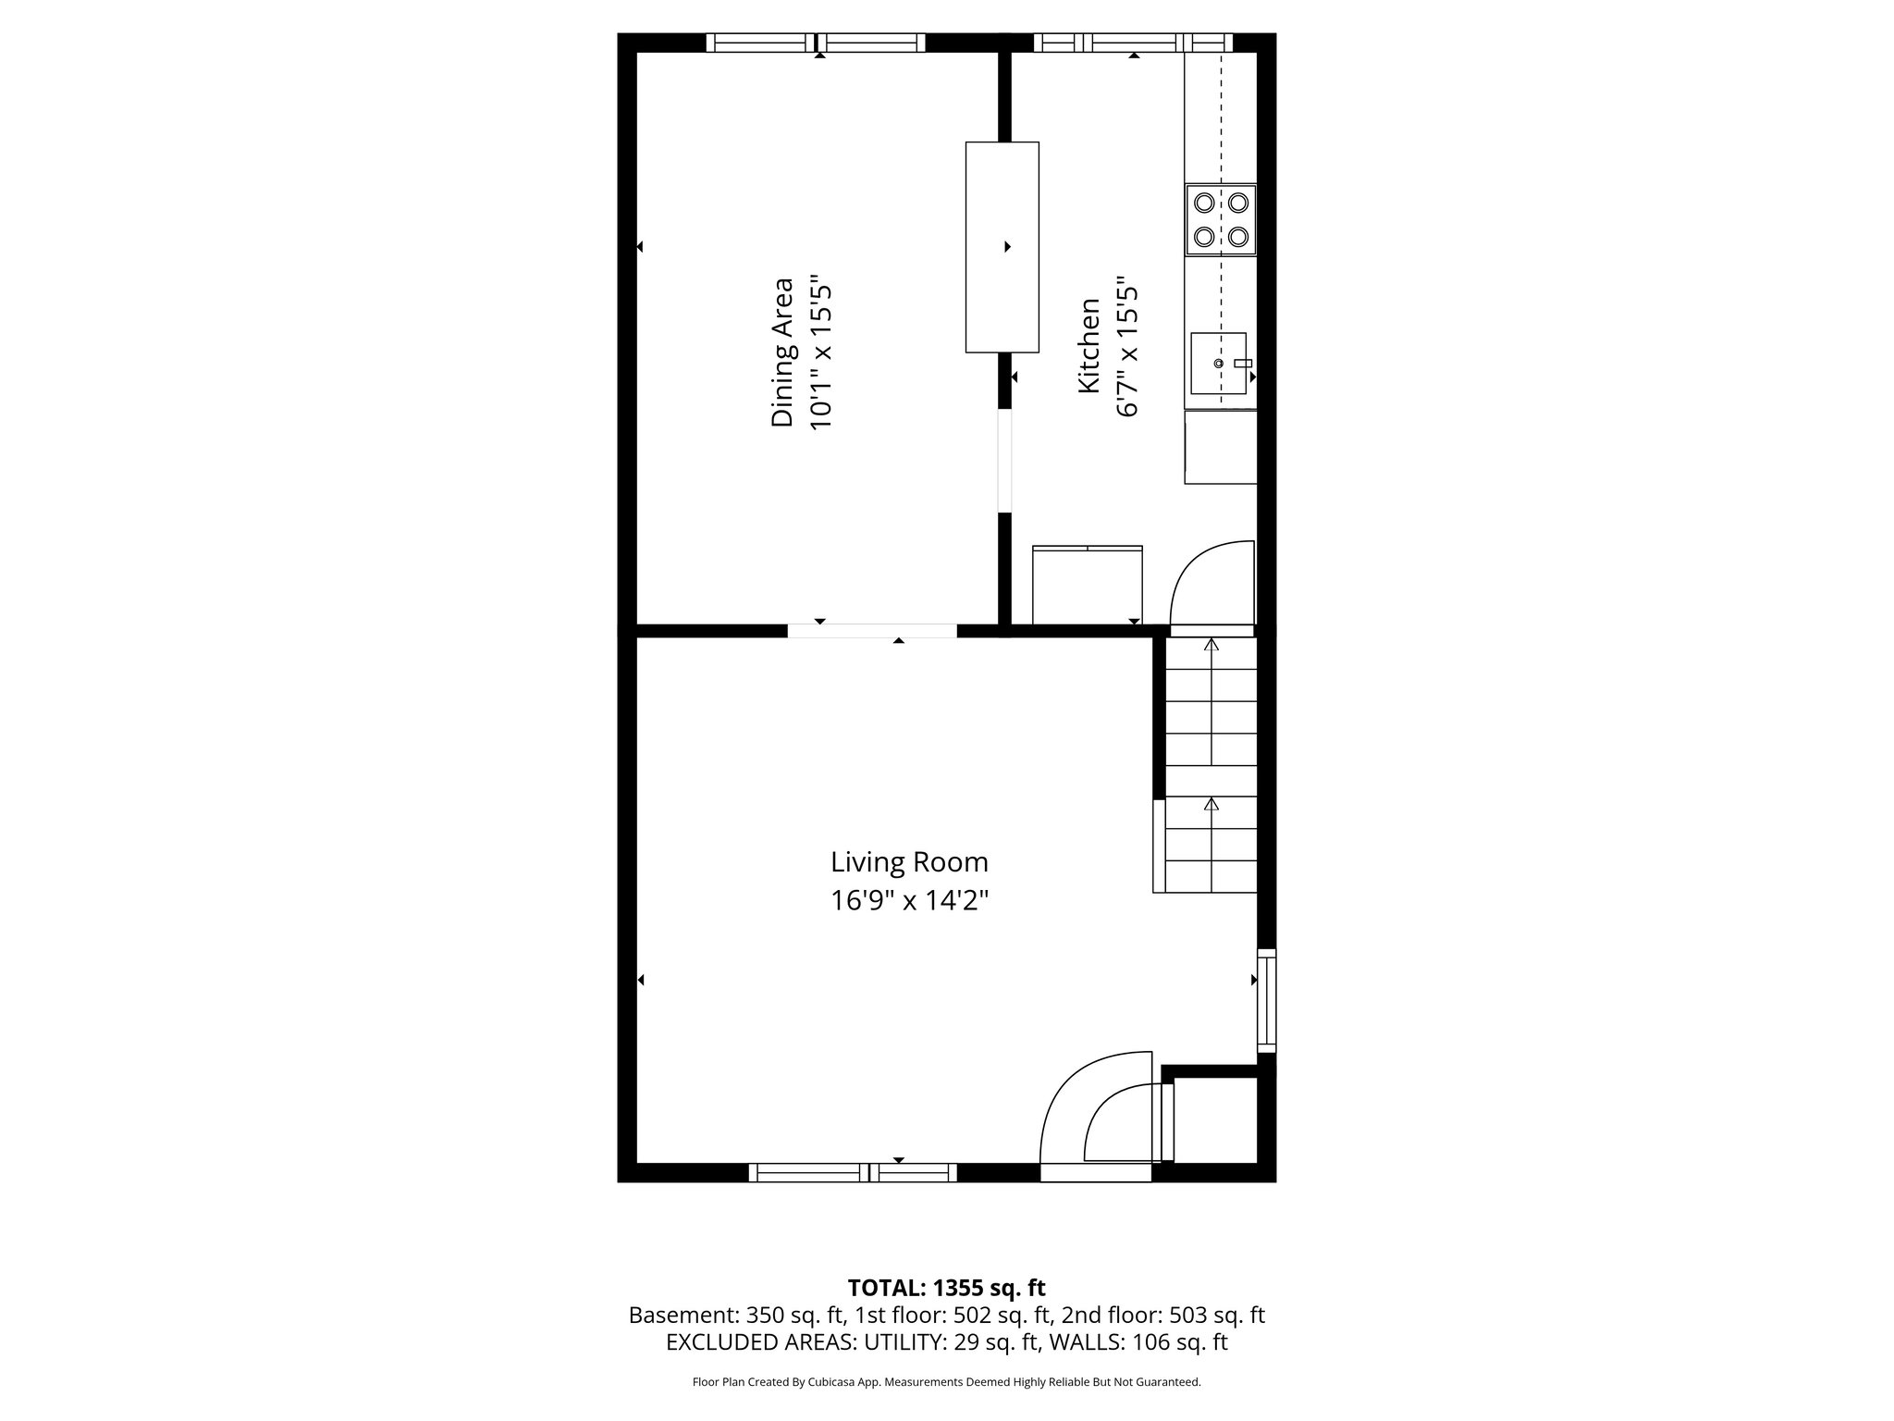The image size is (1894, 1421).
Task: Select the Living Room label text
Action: coord(909,862)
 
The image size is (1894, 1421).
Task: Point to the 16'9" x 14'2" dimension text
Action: coord(909,900)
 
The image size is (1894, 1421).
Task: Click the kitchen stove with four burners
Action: coord(1221,220)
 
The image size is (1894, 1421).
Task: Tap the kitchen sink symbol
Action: coord(1218,364)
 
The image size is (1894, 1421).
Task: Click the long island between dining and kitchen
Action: coord(1002,247)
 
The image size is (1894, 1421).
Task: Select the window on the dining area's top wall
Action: coord(816,43)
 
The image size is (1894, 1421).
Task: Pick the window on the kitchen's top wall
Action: coord(1133,43)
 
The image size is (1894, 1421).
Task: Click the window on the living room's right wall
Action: coord(1266,1000)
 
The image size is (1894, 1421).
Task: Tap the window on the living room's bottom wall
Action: coord(852,1173)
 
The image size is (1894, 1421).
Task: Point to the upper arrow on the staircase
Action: coord(1211,645)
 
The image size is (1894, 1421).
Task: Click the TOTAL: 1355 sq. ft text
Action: coord(946,1288)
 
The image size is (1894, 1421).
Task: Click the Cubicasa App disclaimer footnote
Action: coord(946,1382)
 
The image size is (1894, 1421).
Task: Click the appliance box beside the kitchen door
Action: coord(1087,586)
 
